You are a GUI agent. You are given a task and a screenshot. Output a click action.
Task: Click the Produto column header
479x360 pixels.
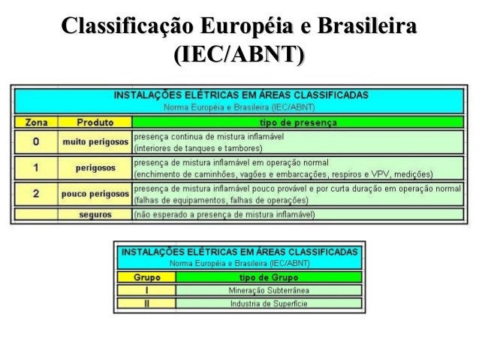tap(95, 122)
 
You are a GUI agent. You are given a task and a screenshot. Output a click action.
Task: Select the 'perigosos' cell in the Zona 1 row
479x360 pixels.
tap(95, 168)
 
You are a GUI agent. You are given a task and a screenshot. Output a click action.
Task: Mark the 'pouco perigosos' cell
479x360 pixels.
tap(95, 195)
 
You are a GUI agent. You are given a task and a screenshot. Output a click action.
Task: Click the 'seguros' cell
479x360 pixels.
tap(95, 214)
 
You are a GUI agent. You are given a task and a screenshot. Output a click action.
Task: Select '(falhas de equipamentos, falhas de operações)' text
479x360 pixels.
tap(221, 201)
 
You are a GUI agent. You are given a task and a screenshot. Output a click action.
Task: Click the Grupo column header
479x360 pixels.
tap(146, 276)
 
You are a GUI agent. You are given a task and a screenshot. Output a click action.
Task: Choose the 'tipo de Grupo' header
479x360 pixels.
tap(268, 276)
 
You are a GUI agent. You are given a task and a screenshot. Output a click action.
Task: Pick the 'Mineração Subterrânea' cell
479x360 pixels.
tap(268, 290)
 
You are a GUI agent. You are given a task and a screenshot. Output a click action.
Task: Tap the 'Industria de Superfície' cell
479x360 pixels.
tap(268, 304)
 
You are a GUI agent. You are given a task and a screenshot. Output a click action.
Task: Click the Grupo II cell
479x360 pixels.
tap(146, 304)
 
